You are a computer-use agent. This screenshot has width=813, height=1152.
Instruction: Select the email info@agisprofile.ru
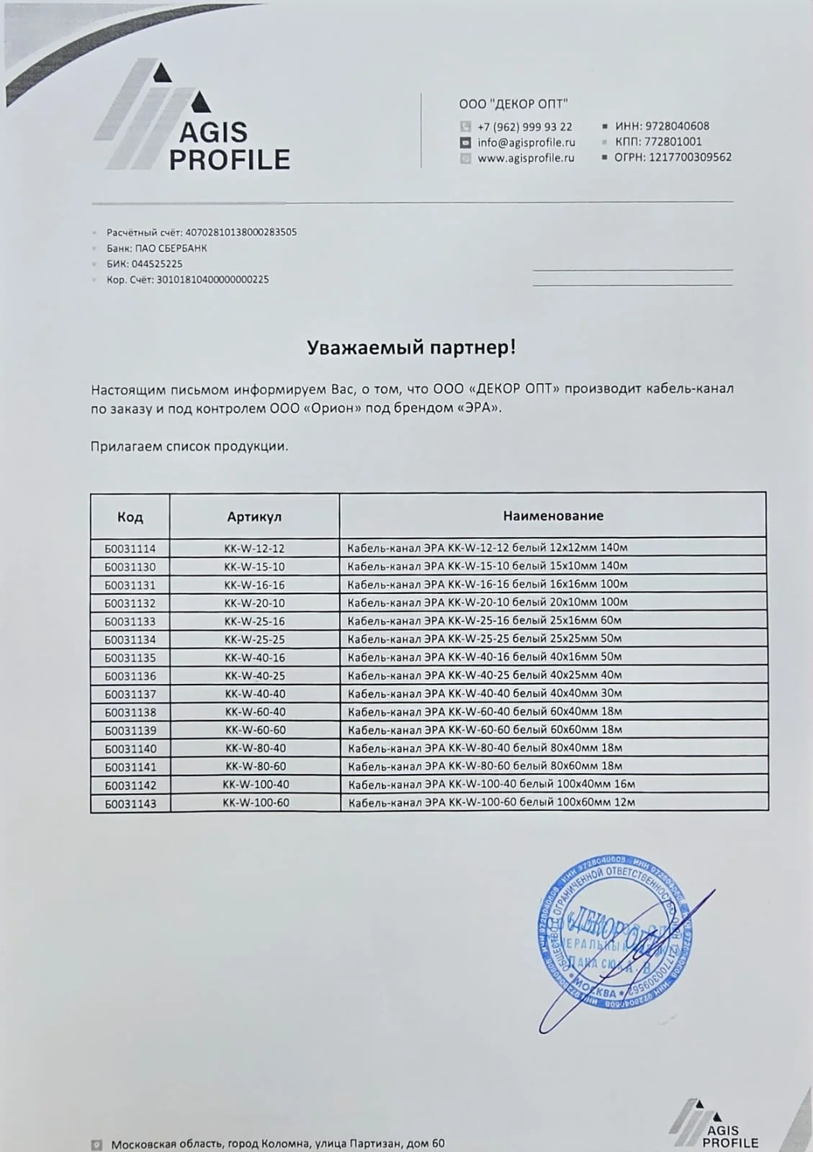[526, 142]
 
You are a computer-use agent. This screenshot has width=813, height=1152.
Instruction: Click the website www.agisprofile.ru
[526, 158]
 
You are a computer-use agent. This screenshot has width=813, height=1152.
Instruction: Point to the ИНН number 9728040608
[677, 126]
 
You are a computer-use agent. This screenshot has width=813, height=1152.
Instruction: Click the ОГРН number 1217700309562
[690, 157]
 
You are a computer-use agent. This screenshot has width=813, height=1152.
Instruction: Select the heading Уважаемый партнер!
[411, 348]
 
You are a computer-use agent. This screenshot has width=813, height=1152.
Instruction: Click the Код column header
[130, 517]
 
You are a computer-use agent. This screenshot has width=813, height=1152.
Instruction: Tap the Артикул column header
[254, 517]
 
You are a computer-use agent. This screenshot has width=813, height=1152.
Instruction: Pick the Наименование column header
[552, 516]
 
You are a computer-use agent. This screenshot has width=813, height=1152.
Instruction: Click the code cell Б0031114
[130, 548]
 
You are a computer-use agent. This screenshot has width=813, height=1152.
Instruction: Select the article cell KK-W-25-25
[254, 639]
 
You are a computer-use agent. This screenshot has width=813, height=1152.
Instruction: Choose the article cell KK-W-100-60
[256, 802]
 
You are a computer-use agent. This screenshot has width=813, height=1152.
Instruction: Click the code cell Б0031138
[130, 712]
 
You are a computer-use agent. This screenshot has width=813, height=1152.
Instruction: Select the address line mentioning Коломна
[278, 1143]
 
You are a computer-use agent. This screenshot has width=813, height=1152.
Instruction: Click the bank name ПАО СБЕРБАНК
[170, 248]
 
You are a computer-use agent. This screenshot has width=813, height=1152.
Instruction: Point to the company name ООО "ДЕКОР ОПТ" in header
[513, 104]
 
